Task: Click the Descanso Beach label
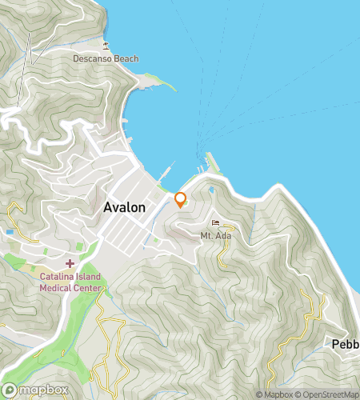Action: click(106, 58)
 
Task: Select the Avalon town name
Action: click(125, 207)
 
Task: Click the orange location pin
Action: click(180, 199)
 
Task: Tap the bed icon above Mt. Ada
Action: click(214, 223)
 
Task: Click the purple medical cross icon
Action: click(70, 263)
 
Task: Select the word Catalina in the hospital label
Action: click(58, 278)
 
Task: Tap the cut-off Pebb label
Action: click(346, 345)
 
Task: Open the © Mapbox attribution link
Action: click(274, 394)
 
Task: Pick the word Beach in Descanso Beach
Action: click(125, 58)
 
